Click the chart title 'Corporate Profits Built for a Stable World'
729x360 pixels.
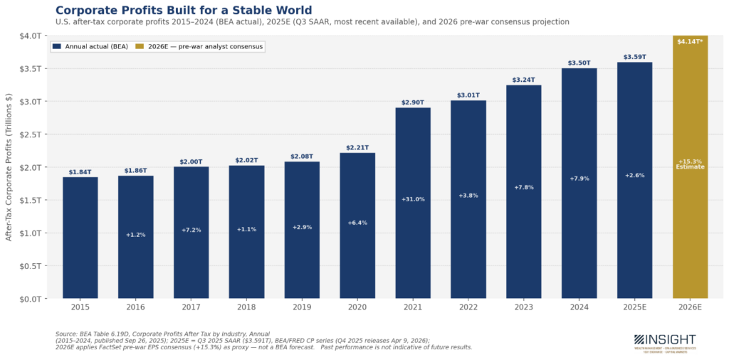click(x=183, y=10)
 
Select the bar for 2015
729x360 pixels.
click(x=80, y=238)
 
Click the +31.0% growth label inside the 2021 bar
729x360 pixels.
click(x=413, y=199)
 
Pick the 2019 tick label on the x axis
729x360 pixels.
click(x=302, y=307)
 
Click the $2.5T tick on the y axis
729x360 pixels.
click(x=31, y=134)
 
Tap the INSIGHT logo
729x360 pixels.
click(x=664, y=340)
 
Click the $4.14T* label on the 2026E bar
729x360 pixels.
click(x=690, y=42)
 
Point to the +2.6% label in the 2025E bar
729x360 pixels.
click(x=634, y=175)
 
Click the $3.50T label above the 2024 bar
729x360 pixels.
click(x=579, y=63)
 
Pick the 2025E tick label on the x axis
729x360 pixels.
click(x=634, y=307)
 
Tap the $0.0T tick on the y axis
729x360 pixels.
click(x=31, y=299)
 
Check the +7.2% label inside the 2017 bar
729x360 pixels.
click(x=191, y=230)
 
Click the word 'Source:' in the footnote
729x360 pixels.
click(x=66, y=334)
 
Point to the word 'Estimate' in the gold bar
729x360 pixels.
click(x=690, y=167)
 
